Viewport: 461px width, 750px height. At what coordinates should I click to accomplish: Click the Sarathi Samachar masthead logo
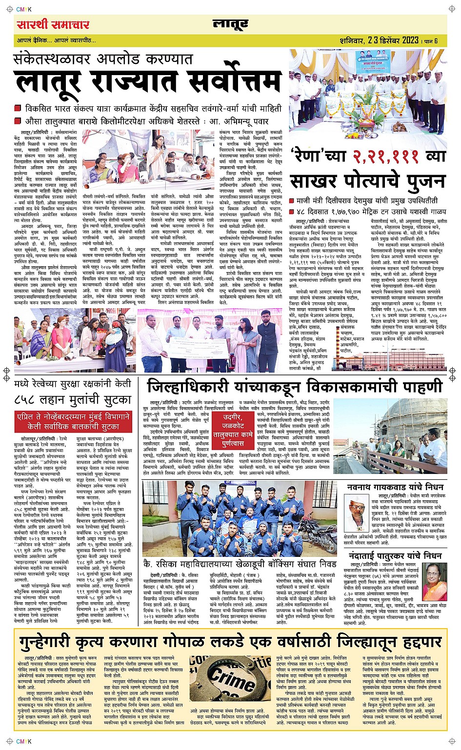tap(53, 25)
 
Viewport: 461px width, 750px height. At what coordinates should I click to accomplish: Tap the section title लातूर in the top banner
tap(230, 24)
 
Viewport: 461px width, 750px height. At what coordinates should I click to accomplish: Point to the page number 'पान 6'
tap(430, 41)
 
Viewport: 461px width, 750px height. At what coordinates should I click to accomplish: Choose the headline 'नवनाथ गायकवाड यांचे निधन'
tap(395, 487)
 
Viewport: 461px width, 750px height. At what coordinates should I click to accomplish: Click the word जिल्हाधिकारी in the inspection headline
tap(189, 388)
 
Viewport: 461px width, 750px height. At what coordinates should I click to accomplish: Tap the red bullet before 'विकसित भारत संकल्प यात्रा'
tap(18, 108)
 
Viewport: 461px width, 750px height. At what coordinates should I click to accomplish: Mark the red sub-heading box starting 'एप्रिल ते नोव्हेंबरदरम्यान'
tap(73, 421)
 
